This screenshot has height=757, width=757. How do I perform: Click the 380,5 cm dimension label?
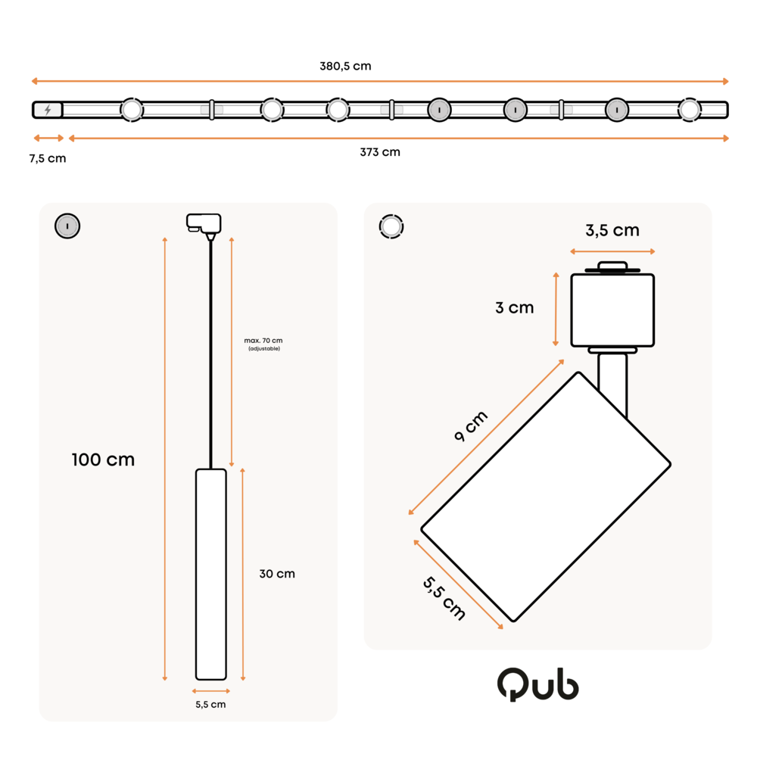click(x=345, y=66)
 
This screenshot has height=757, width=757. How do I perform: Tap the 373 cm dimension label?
click(x=380, y=152)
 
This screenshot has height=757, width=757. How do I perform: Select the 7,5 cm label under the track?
click(x=48, y=158)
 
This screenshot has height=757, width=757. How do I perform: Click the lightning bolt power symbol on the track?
click(x=48, y=110)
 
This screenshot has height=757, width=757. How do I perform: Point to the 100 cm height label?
click(x=103, y=459)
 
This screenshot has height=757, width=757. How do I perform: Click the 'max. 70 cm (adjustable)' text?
click(x=263, y=344)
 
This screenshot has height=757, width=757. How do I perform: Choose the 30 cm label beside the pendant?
click(x=277, y=574)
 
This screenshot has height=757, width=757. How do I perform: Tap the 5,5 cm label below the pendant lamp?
click(x=210, y=705)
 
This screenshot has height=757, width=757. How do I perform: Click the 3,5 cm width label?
click(x=612, y=230)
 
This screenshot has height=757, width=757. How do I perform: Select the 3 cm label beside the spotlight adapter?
click(x=515, y=307)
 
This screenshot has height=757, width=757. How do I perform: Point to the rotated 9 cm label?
click(x=470, y=426)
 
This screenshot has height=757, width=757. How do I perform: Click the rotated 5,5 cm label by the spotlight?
click(x=444, y=598)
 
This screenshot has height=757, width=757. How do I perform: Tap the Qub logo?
click(x=538, y=684)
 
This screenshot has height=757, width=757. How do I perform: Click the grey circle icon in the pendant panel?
click(x=67, y=226)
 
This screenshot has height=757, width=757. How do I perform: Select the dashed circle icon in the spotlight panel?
click(x=391, y=226)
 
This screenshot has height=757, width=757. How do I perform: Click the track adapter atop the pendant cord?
click(x=204, y=224)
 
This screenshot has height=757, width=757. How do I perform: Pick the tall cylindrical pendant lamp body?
click(x=211, y=574)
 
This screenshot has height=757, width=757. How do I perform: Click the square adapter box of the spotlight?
click(x=612, y=310)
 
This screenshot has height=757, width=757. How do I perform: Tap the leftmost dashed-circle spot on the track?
click(x=132, y=110)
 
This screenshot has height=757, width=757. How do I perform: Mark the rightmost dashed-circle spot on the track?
click(x=689, y=110)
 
